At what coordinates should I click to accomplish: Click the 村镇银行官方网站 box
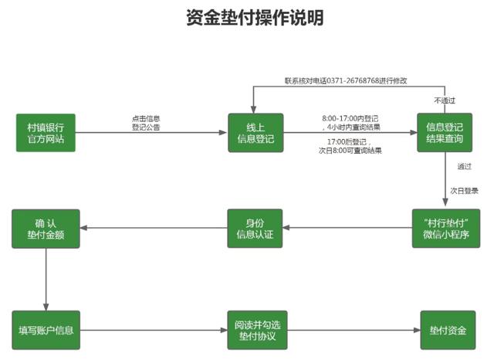tap(46, 132)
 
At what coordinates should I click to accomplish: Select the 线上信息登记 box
tap(255, 132)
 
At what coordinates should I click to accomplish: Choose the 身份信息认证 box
tap(255, 228)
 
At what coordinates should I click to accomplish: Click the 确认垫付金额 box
tap(46, 228)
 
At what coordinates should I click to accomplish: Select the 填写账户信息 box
tap(46, 331)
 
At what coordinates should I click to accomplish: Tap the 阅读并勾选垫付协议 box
tap(255, 331)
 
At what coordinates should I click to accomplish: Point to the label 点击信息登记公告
tap(146, 122)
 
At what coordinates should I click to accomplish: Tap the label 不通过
tap(444, 101)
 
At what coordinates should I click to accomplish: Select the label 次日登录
tap(465, 189)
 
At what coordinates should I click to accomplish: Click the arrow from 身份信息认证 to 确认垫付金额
tap(154, 228)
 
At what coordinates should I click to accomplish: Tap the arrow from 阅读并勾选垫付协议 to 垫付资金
tap(351, 331)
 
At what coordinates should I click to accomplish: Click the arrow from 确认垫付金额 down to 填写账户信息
tap(46, 278)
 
